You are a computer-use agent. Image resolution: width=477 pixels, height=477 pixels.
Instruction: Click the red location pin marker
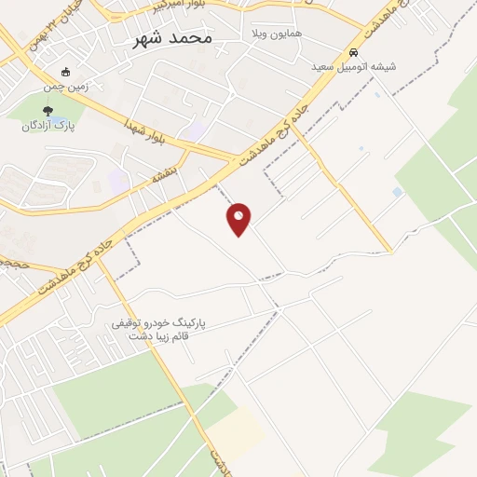pos(239,218)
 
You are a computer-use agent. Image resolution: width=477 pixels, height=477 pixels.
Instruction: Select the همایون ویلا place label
pos(268,34)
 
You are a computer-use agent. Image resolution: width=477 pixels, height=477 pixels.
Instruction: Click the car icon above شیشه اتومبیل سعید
pos(353,53)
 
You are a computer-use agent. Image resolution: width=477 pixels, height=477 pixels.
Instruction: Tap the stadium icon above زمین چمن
pos(65,72)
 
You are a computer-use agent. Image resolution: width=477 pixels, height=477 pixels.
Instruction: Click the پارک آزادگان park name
pos(48,127)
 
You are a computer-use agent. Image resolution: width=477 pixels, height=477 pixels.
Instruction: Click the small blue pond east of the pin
pos(398,192)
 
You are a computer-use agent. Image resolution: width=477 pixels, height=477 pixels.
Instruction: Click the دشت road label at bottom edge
pos(218,460)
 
